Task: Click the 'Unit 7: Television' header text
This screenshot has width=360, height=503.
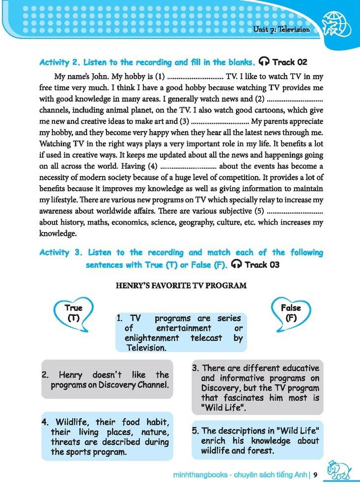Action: coord(281,29)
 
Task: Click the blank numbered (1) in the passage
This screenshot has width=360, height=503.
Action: coord(195,77)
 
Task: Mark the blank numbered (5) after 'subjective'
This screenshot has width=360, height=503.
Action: coord(294,212)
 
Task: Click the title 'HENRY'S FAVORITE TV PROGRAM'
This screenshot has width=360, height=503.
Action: coord(181,285)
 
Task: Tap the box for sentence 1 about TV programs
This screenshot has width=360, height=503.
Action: coord(180,333)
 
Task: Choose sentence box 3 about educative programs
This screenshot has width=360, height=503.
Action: coord(257,388)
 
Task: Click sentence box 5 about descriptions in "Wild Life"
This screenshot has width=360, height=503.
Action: coord(257,440)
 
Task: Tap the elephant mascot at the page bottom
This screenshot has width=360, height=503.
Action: coord(339,471)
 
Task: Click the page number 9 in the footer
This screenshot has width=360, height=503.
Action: coord(316,475)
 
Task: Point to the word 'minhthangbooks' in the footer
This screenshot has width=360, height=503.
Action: coord(196,475)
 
